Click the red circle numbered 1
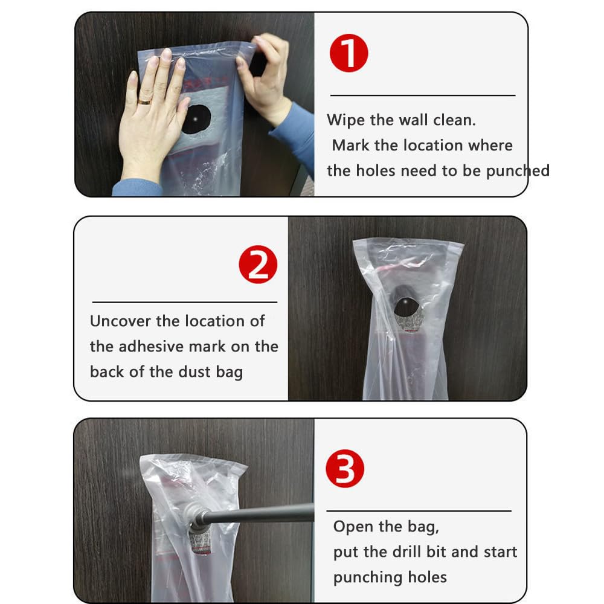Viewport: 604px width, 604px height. [349, 53]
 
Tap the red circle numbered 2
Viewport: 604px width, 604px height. [258, 265]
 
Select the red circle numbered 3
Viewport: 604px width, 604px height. [345, 469]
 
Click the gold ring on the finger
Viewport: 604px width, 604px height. [145, 101]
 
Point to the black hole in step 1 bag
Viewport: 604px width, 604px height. [196, 120]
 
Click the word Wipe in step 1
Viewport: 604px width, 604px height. [345, 120]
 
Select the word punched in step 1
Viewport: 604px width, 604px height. [518, 171]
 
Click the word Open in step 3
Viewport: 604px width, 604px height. [353, 527]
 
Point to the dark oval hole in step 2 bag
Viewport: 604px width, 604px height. [406, 307]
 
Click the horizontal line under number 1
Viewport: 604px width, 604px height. [423, 95]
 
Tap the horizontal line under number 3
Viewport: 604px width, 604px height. [419, 511]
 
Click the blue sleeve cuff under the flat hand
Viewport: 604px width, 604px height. [137, 188]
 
